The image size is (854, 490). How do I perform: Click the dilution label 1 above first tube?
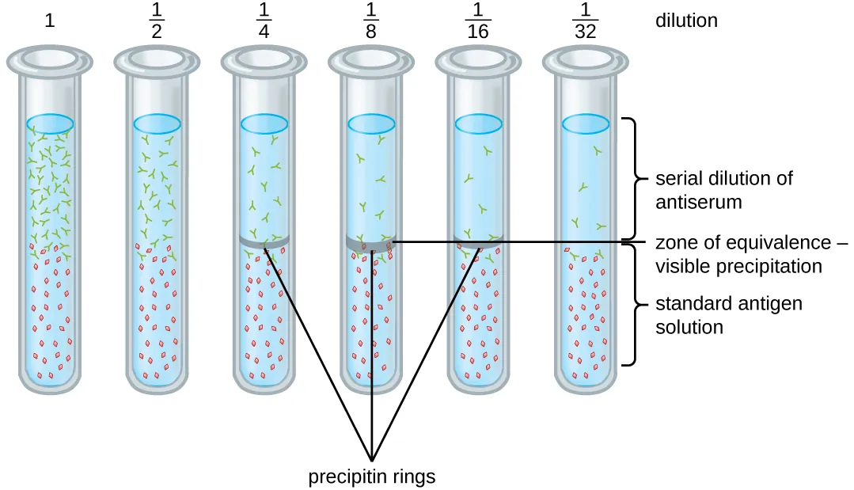click(50, 21)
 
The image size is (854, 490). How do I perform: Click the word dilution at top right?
click(686, 21)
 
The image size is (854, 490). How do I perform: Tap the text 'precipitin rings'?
click(372, 477)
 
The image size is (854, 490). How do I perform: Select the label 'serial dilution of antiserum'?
click(723, 189)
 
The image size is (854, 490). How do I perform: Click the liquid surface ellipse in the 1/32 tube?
click(585, 123)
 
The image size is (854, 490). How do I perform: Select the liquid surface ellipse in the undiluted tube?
click(51, 123)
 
